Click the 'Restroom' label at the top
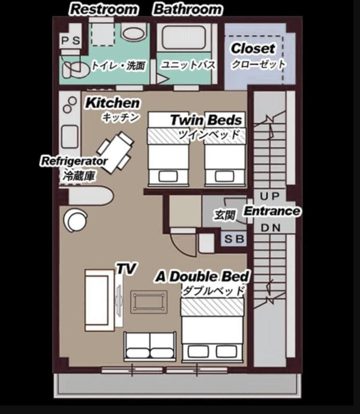point(104,9)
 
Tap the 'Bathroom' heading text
point(188,9)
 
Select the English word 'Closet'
point(253,48)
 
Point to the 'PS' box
point(70,41)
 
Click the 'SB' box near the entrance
point(234,239)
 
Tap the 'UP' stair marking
point(269,196)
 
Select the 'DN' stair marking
point(271,228)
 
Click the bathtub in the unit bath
point(184,38)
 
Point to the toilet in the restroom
point(76,70)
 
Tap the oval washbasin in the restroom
point(134,34)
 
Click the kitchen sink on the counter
point(70,137)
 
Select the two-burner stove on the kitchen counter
point(70,105)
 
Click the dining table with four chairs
point(115,152)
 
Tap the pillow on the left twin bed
point(169,176)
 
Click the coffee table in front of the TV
point(149,302)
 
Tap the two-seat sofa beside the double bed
point(150,347)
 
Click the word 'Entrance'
point(272,211)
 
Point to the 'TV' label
point(126,269)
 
